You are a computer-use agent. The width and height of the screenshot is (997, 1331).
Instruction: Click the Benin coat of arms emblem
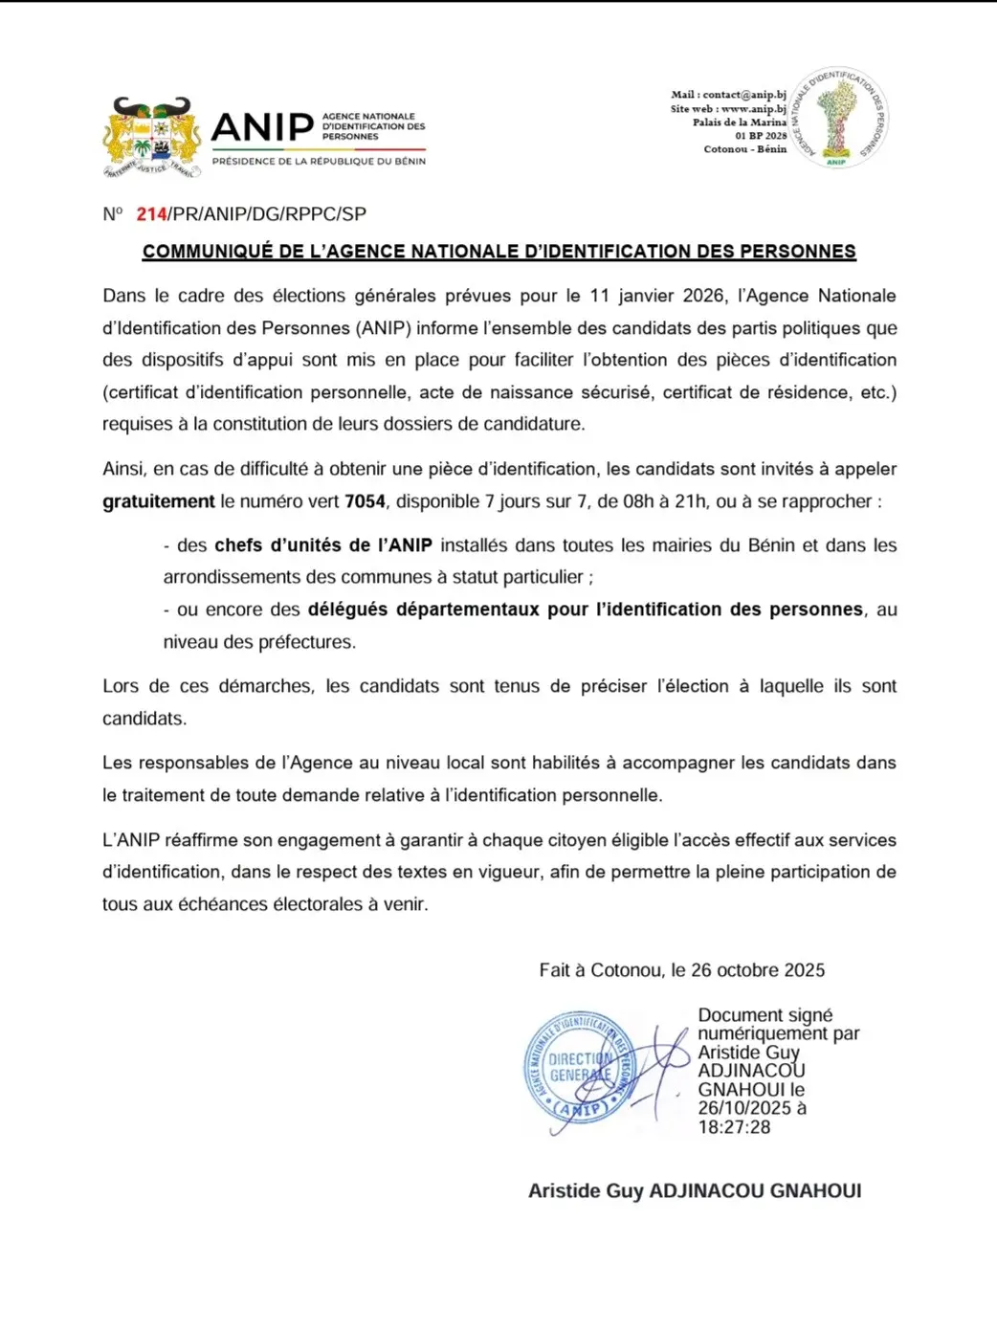(152, 137)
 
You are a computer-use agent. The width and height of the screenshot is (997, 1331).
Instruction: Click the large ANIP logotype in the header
(262, 127)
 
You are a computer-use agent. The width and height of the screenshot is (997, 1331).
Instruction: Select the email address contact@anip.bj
(743, 95)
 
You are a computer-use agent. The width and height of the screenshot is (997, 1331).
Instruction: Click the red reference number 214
(152, 214)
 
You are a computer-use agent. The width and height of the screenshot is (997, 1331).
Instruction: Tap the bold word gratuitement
(159, 501)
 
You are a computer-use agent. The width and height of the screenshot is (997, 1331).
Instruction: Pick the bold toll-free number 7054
(365, 501)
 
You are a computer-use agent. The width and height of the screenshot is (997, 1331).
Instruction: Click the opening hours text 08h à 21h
(664, 501)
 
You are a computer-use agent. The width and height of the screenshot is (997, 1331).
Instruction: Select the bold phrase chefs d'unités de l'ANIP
(323, 545)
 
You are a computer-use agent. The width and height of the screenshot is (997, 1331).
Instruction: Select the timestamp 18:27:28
(734, 1127)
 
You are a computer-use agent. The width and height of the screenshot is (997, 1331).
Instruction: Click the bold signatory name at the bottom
(695, 1191)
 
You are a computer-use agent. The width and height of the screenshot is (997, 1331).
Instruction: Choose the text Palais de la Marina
(740, 122)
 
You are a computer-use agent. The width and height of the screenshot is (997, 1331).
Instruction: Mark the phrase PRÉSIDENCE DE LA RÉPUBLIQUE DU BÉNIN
(319, 162)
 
